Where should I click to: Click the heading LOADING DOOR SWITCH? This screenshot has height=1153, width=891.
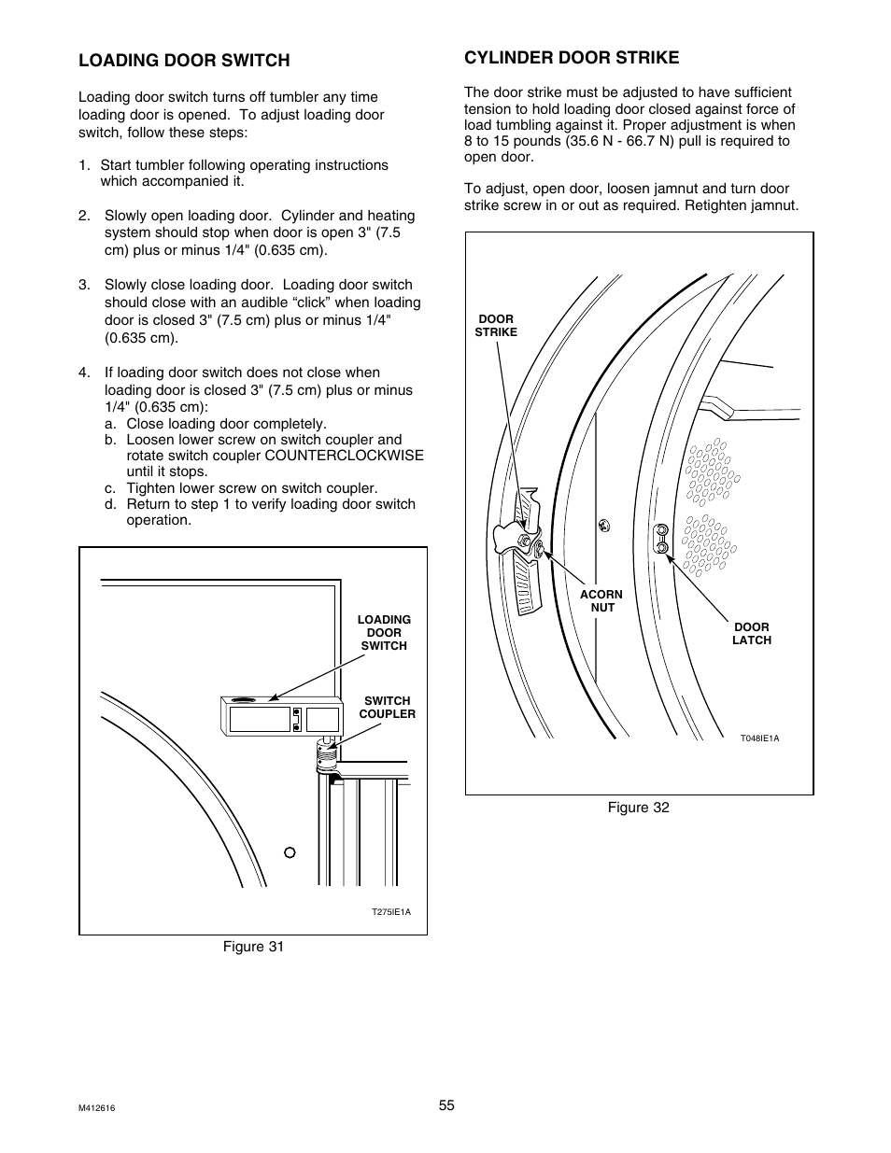[x=184, y=61]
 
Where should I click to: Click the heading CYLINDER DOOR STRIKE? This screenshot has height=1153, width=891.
[x=572, y=57]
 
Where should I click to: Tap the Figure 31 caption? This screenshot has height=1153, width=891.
[x=252, y=947]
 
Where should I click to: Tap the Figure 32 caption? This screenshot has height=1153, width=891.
[x=638, y=807]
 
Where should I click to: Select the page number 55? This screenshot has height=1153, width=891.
[x=446, y=1105]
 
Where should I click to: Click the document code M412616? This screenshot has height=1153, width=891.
[x=103, y=1108]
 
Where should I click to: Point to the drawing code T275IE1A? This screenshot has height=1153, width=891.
[x=391, y=912]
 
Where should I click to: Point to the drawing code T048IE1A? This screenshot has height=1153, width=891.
[x=759, y=738]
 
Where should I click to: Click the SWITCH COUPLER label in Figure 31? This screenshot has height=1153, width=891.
[x=387, y=708]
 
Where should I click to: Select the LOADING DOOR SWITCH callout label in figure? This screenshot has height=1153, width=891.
[x=384, y=633]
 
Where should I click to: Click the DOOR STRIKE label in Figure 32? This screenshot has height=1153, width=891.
[x=496, y=326]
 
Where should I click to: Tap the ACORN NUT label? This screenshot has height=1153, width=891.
[x=601, y=600]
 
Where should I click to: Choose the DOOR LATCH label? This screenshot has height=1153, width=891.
[x=751, y=634]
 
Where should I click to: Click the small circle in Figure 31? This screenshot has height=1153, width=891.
[x=290, y=851]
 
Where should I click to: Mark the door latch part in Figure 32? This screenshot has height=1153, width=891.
[x=661, y=539]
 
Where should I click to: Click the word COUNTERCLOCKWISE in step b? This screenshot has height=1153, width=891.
[x=344, y=456]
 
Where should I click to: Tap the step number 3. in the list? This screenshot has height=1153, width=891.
[x=85, y=286]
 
